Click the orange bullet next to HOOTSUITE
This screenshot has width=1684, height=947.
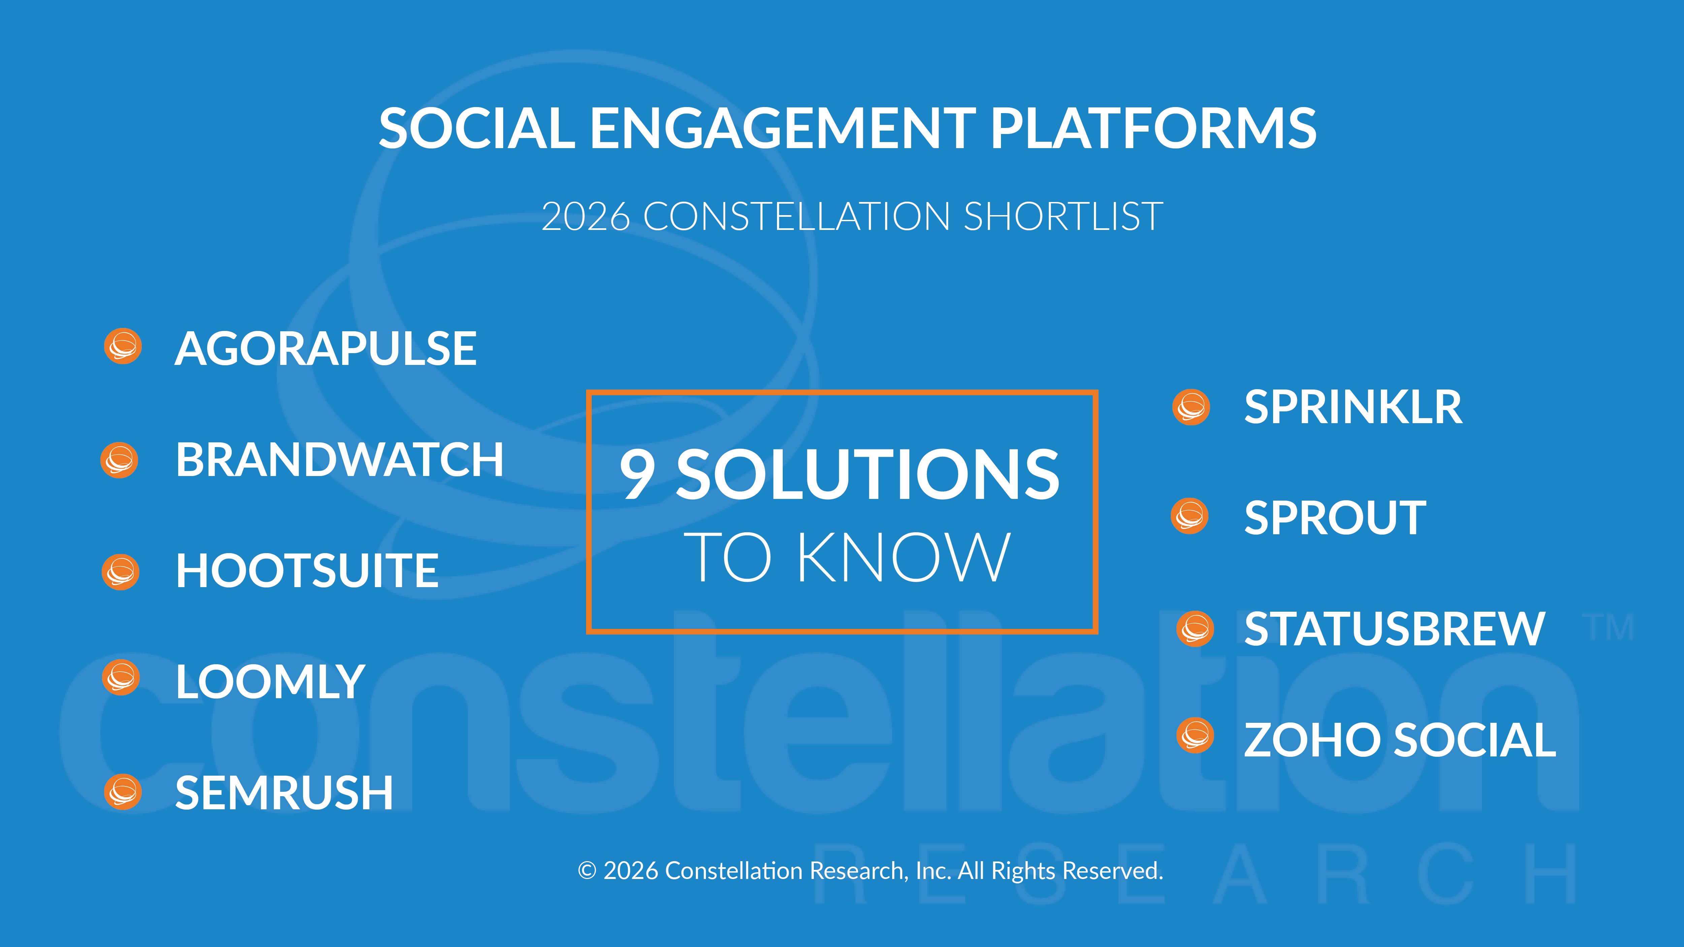click(121, 573)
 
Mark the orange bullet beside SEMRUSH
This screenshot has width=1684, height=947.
click(123, 792)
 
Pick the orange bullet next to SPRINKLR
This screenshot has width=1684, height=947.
click(1191, 407)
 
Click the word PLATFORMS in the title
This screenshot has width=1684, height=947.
click(1154, 128)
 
